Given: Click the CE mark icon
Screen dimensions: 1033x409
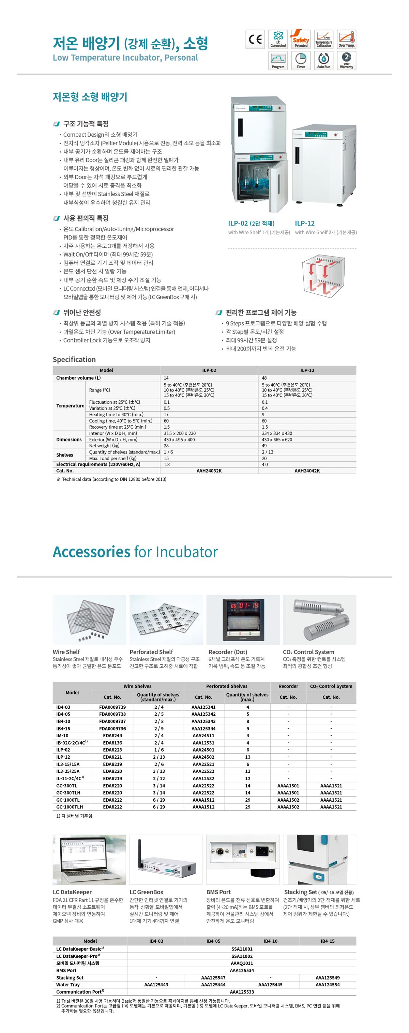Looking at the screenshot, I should (x=255, y=39).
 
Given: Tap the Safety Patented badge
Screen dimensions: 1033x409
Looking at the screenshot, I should (x=301, y=39).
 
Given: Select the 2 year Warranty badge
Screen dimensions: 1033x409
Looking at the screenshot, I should (x=346, y=61).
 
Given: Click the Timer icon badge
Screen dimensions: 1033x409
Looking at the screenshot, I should (x=301, y=61).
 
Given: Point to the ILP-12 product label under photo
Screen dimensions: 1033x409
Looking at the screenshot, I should (x=305, y=223).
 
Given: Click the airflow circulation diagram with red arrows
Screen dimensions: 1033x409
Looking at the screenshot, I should (x=323, y=276).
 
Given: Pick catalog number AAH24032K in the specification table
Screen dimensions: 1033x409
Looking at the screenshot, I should (x=209, y=471).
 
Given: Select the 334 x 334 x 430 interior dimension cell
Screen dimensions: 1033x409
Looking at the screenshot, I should (x=277, y=433).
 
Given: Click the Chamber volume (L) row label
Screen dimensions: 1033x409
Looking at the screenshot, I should (x=79, y=378).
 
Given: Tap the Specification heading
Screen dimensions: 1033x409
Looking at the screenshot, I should (x=74, y=359).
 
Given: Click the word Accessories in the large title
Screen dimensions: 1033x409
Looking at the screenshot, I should (x=91, y=552).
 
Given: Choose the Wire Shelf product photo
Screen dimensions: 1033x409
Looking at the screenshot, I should (x=89, y=619).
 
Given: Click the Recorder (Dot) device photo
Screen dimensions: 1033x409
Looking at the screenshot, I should (x=243, y=619).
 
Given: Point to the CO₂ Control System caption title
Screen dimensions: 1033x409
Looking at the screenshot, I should (x=308, y=652).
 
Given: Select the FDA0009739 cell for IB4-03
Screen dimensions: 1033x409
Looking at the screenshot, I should (x=112, y=707).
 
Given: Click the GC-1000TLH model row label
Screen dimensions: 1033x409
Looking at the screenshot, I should (x=70, y=807).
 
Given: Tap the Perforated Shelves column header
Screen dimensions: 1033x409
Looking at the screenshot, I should (x=227, y=686).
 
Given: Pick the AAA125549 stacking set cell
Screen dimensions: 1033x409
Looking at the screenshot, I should (x=327, y=978).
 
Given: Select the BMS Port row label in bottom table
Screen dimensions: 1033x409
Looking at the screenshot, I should (x=66, y=970).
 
